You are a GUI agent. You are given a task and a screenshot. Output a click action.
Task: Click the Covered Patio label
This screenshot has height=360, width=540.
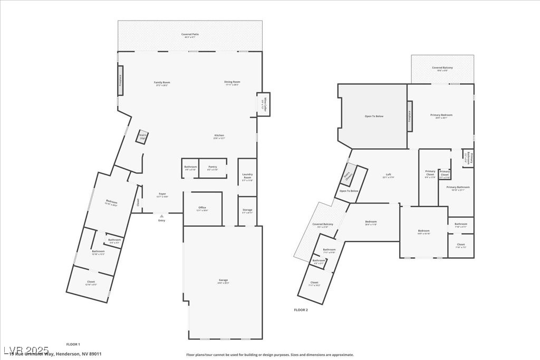tap(190, 35)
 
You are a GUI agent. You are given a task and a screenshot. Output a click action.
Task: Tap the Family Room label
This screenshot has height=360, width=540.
tap(162, 83)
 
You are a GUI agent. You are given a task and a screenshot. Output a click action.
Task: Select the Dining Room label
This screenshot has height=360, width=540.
tap(232, 83)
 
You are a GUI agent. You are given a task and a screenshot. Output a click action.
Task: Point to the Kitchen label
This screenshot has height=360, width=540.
tap(219, 137)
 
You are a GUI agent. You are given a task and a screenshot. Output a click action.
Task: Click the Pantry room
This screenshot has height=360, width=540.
tap(213, 168)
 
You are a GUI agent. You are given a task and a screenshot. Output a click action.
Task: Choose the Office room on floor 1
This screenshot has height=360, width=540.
tap(202, 209)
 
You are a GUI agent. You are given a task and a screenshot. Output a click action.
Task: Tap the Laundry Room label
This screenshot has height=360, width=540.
tap(247, 176)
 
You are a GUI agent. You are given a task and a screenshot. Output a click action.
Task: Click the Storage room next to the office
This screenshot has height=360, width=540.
tap(247, 211)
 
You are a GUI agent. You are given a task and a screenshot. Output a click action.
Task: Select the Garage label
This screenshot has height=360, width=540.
tap(224, 281)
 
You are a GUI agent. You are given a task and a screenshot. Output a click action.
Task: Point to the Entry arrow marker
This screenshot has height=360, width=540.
tap(162, 216)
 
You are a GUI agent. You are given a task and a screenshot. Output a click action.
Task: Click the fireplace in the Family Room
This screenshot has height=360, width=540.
tap(120, 81)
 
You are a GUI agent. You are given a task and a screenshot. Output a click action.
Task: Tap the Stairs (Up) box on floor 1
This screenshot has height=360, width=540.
tap(142, 137)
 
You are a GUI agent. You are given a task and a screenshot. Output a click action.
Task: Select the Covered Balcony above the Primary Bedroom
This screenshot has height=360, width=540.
tap(442, 69)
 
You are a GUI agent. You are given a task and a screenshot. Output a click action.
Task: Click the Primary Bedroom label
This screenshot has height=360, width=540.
tap(441, 116)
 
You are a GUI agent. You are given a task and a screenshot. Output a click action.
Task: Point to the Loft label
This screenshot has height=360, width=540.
tap(388, 176)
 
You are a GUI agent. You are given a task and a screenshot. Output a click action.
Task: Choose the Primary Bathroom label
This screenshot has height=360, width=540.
tap(458, 188)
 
